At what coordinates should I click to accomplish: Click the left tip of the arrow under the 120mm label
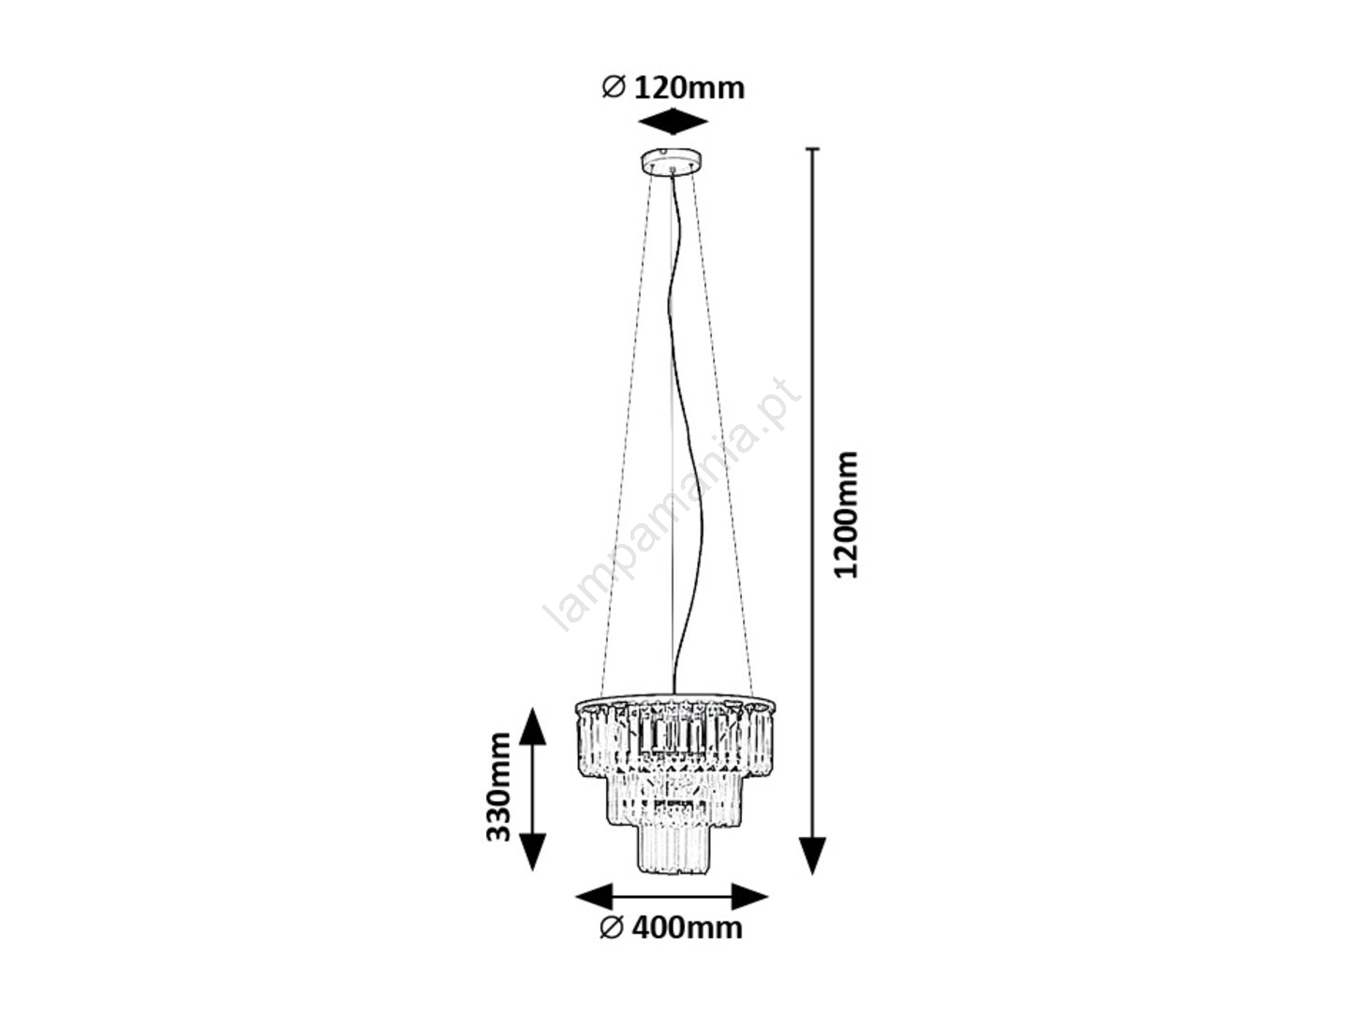point(639,122)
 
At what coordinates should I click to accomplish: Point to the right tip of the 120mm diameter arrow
point(709,122)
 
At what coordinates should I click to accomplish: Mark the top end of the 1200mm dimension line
point(812,149)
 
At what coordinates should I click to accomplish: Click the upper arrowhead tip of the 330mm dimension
point(532,708)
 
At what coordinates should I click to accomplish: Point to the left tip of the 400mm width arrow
point(575,897)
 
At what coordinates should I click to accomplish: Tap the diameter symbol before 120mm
point(614,88)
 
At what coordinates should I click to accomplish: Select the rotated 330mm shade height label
point(498,787)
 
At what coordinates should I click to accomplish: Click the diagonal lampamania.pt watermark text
point(672,505)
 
